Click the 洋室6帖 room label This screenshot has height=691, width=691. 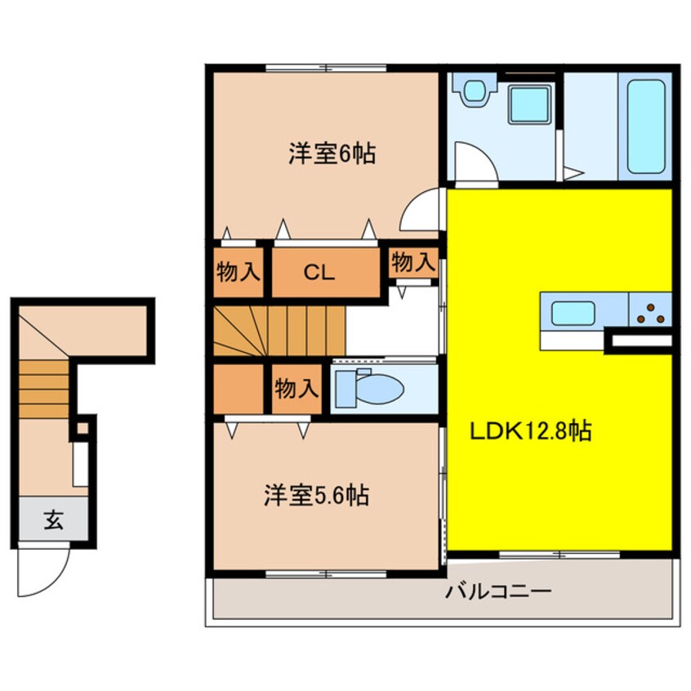332,154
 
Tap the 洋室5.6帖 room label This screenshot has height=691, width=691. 316,495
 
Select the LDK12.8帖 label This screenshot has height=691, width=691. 531,431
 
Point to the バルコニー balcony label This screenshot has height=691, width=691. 498,591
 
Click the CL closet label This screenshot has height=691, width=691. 319,273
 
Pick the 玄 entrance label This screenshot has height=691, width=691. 53,520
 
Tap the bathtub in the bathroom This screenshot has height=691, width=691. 645,127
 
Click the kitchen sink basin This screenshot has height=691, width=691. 573,314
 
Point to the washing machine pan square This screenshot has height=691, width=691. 530,105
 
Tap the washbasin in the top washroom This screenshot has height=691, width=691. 473,91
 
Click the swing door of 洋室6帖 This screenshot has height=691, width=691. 420,209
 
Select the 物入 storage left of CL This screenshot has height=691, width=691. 239,272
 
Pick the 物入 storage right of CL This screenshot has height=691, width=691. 413,263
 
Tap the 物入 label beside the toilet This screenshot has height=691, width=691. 296,389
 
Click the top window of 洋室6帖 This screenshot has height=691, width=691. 326,68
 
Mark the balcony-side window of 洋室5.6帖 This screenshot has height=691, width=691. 326,573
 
